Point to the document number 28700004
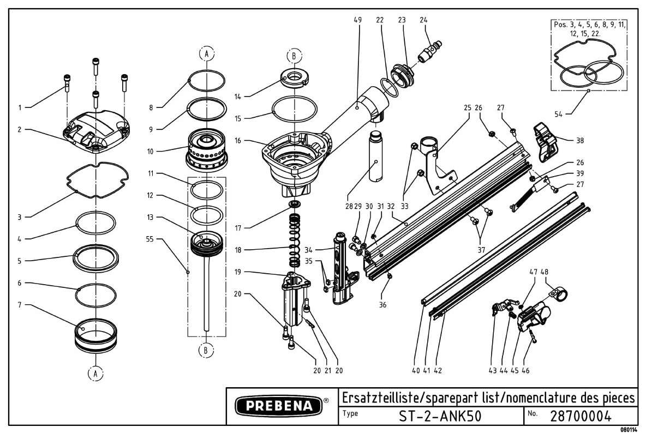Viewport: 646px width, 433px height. click(581, 416)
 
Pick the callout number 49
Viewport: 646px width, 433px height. click(357, 20)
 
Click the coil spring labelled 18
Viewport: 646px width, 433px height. click(295, 240)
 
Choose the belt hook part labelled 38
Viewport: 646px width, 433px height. click(546, 141)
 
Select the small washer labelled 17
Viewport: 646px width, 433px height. click(296, 205)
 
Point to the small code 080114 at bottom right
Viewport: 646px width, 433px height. click(630, 429)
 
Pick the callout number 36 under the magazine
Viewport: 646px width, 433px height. click(382, 304)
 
